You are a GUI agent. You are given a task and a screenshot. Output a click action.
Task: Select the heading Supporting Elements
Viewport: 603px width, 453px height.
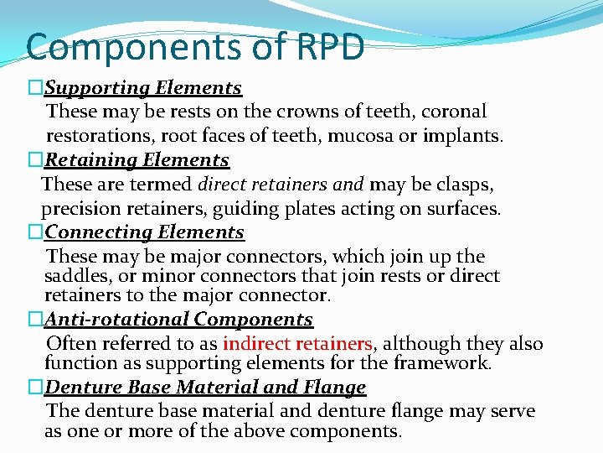(143, 87)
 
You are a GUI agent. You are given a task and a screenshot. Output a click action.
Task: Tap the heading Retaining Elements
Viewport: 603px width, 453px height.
(137, 159)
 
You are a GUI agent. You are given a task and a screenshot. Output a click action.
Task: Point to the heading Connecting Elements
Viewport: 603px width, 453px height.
(144, 232)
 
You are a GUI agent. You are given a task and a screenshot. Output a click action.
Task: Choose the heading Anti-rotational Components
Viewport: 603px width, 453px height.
(178, 319)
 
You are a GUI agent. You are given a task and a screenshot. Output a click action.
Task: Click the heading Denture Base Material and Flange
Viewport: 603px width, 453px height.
(205, 387)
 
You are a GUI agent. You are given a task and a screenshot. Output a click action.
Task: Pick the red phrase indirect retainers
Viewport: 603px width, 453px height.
(298, 343)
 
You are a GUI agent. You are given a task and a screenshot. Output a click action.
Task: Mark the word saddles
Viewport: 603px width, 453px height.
(75, 276)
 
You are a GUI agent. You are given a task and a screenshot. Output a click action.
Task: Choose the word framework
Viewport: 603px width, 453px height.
(448, 362)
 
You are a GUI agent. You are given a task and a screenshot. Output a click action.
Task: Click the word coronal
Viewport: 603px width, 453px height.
(454, 112)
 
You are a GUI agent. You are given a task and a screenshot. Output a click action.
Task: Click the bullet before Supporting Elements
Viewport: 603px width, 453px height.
(34, 88)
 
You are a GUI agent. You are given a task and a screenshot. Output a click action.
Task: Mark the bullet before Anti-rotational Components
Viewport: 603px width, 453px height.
(34, 320)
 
